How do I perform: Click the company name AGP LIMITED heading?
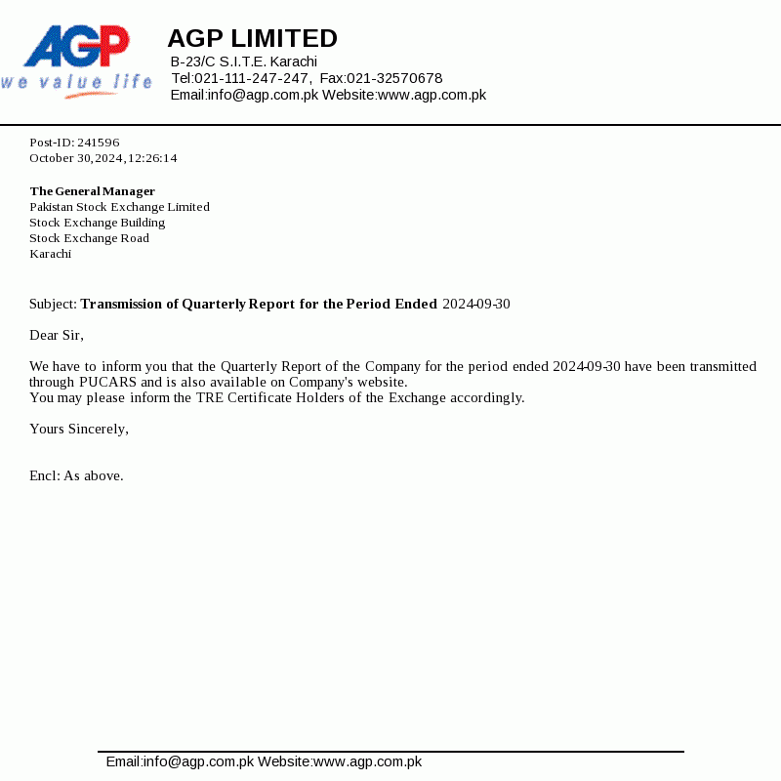tap(252, 38)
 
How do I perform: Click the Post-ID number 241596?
tap(99, 143)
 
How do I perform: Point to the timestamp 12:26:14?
tap(153, 158)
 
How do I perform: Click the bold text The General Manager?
tap(92, 191)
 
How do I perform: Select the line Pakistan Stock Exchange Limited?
tap(119, 207)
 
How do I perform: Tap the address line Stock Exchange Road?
tap(89, 238)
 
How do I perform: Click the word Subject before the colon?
tap(52, 304)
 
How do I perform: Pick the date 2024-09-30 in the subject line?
tap(476, 304)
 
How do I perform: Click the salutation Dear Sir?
tap(56, 335)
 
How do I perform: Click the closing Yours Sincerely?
tap(78, 429)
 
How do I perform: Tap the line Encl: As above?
tap(76, 475)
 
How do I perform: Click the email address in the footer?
tap(180, 761)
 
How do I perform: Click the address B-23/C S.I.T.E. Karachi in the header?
tap(244, 62)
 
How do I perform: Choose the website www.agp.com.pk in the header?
tap(432, 95)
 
